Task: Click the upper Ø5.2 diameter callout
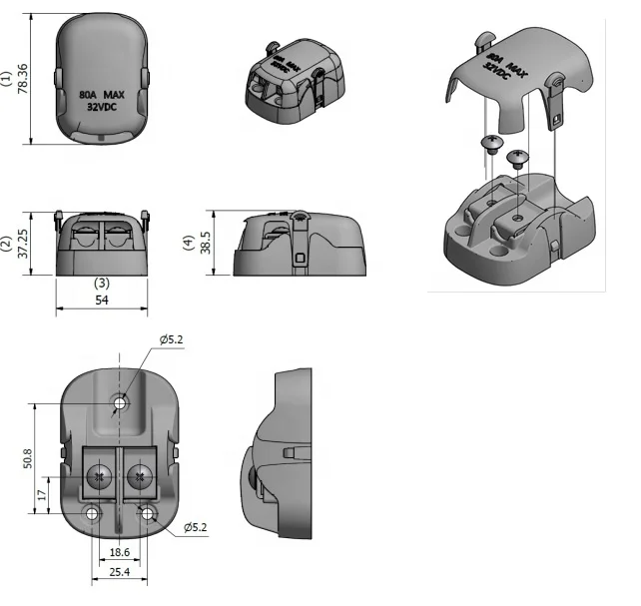pyautogui.click(x=170, y=339)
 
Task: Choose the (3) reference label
pyautogui.click(x=102, y=283)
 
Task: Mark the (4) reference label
pyautogui.click(x=189, y=243)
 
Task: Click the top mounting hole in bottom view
pyautogui.click(x=121, y=403)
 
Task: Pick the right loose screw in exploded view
pyautogui.click(x=517, y=157)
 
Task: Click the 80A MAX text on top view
pyautogui.click(x=101, y=95)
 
